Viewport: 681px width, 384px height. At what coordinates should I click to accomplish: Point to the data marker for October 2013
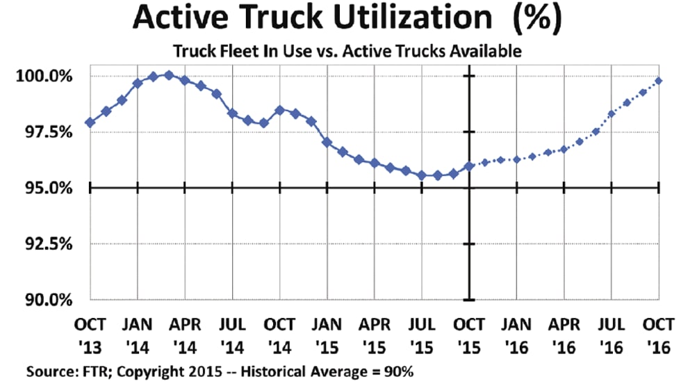click(90, 122)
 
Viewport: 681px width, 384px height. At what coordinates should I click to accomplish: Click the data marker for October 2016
click(659, 81)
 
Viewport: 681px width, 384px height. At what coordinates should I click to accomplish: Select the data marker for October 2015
click(470, 166)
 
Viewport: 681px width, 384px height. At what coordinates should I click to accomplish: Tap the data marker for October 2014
click(279, 110)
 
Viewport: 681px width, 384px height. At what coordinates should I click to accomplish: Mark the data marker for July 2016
click(612, 114)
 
